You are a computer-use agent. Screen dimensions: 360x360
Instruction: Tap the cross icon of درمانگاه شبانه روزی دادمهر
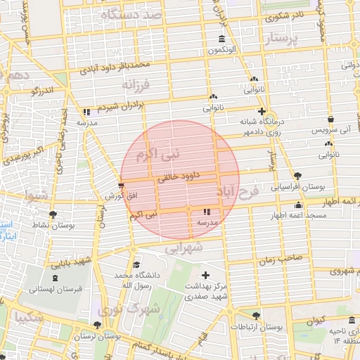click(262, 111)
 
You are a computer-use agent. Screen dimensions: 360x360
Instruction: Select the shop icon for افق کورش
click(122, 186)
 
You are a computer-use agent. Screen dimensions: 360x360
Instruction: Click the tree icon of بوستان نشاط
click(53, 214)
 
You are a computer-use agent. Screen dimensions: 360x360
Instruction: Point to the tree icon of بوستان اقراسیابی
click(297, 176)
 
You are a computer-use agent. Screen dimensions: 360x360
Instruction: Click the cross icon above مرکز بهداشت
click(205, 275)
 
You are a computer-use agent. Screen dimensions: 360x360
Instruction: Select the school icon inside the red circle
click(206, 212)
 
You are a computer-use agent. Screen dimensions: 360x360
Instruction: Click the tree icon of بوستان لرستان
click(97, 325)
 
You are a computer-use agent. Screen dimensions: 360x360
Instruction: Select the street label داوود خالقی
click(179, 178)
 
